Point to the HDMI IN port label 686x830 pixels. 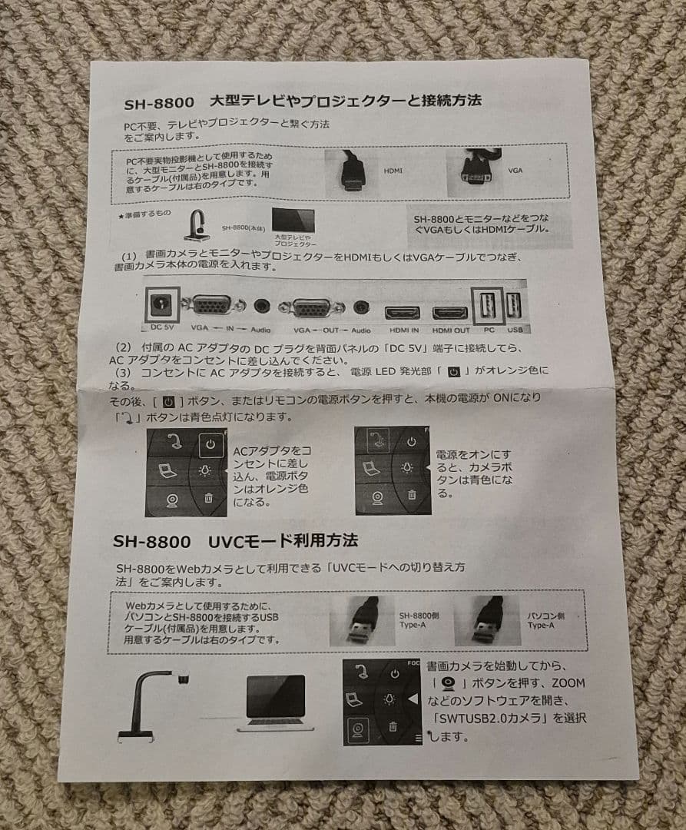403,330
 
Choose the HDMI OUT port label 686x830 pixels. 451,330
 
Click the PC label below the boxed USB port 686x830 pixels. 489,328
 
